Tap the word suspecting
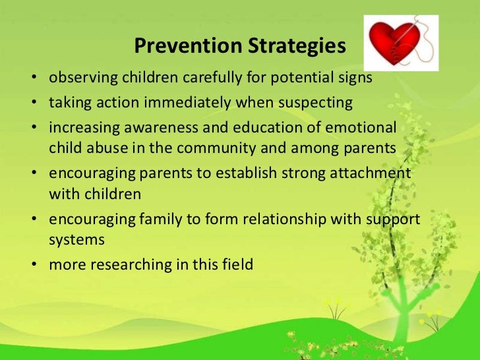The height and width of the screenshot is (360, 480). [319, 104]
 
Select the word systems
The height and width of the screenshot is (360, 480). [76, 241]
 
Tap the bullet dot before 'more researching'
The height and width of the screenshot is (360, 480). [32, 266]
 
